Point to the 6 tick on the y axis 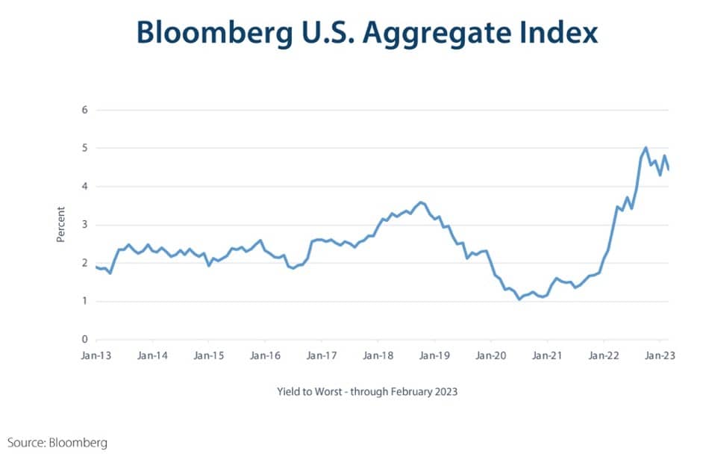tap(84, 110)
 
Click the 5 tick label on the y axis tap(84, 148)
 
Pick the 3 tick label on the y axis tap(84, 225)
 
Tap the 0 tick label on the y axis tap(84, 340)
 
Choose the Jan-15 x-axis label tap(208, 356)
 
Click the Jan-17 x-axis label tap(321, 356)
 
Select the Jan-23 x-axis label tap(660, 356)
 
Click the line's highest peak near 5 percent tap(646, 148)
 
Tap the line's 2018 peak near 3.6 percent tap(421, 202)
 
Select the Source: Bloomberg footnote tap(57, 443)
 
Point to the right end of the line tap(669, 170)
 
